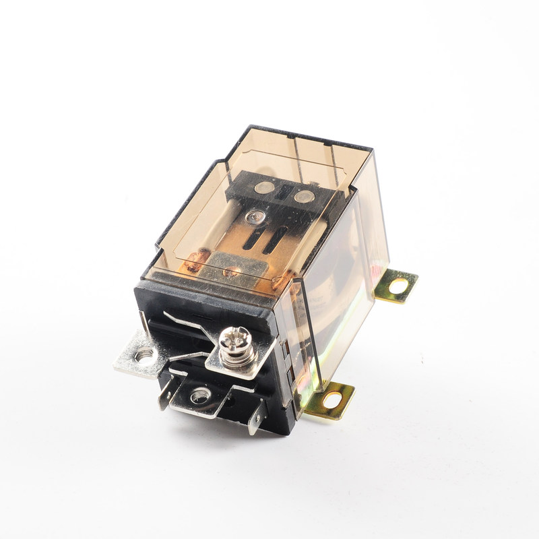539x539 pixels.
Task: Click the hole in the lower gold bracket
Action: tap(332, 400)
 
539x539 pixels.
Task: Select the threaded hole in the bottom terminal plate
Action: tap(199, 397)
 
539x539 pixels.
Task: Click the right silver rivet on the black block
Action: tap(303, 197)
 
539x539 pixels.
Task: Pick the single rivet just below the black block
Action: tap(255, 217)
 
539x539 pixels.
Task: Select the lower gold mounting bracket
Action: tap(330, 402)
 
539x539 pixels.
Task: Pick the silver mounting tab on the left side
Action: tap(138, 355)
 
